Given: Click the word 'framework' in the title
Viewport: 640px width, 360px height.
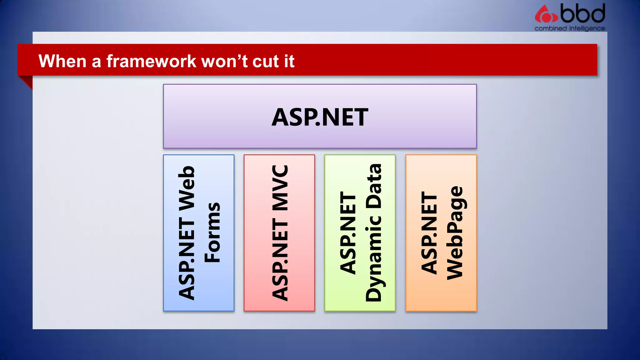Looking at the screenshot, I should click(151, 61).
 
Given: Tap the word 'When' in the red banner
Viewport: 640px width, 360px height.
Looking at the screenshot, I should click(62, 61).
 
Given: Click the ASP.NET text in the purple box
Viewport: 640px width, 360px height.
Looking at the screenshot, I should click(320, 117).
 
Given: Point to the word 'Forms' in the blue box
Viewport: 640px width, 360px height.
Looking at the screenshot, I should click(212, 232).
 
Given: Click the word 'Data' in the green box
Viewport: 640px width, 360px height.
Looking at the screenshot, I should click(374, 186).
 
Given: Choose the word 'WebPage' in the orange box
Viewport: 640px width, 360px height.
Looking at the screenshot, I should click(455, 233).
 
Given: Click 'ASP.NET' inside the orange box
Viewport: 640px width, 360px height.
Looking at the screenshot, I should click(429, 233).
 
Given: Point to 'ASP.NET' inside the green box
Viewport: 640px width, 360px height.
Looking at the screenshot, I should click(348, 233).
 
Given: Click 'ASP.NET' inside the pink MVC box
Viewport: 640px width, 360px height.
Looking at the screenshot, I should click(280, 259).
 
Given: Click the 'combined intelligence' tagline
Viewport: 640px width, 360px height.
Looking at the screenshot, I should click(569, 28).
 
